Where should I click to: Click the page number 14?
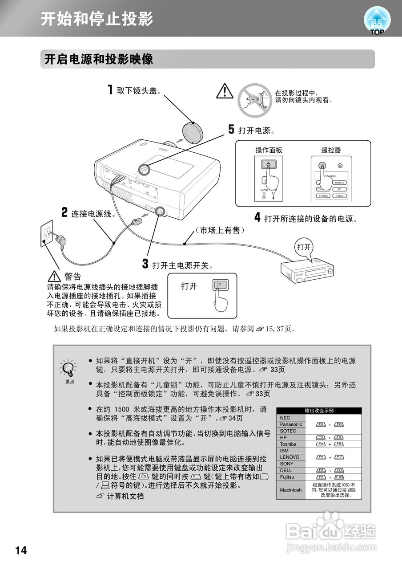21,550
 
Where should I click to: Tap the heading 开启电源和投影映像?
98,59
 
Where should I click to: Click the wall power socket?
47,233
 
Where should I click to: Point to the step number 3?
145,264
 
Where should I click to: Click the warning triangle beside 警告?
54,277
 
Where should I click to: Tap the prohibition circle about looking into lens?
254,100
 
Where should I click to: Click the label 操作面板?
269,150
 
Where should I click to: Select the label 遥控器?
331,150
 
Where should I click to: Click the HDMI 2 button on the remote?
340,183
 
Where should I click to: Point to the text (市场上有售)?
219,230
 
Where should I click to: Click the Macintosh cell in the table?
291,490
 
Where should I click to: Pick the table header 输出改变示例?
319,411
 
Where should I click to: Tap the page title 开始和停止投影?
97,19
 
